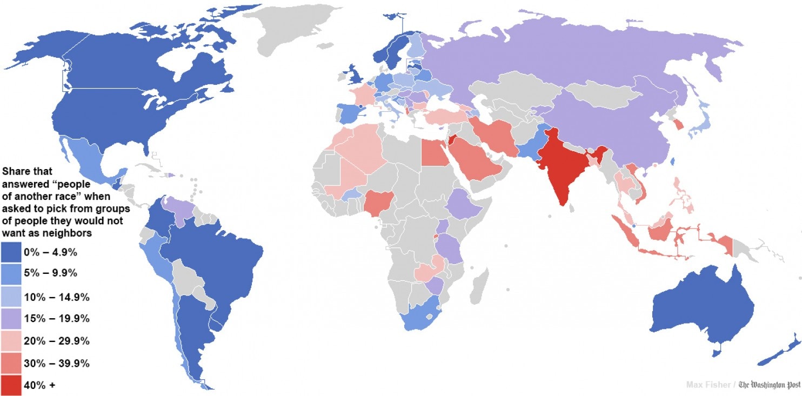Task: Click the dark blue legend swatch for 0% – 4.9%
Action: (x=11, y=252)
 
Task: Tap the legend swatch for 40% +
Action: (x=11, y=385)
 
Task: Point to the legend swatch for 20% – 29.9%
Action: (x=11, y=341)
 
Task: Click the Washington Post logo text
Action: (x=769, y=385)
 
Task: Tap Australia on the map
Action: (x=703, y=308)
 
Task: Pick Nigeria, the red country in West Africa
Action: (x=377, y=203)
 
